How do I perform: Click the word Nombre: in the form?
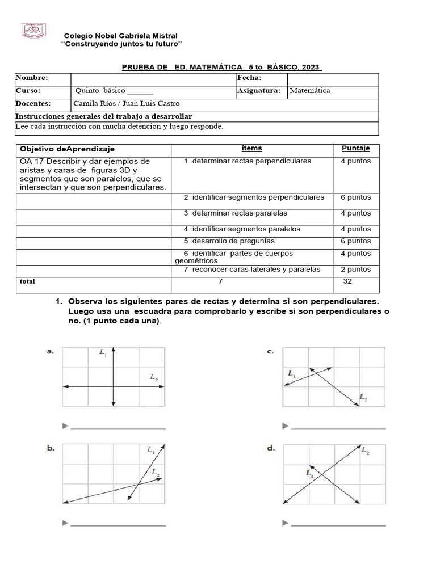click(32, 78)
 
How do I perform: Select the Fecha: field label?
click(253, 78)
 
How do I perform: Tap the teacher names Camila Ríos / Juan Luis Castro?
click(127, 103)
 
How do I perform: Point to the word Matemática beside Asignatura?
click(310, 91)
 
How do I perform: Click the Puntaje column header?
click(355, 149)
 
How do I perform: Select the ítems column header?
click(251, 149)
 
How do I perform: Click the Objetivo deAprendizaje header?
click(67, 149)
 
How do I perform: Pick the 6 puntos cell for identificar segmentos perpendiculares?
click(355, 197)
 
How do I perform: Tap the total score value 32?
click(347, 281)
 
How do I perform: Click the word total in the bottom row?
click(27, 281)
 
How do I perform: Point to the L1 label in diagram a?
click(103, 353)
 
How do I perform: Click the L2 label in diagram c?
click(363, 398)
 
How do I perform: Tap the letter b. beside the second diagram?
click(51, 448)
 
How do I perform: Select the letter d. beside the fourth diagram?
click(271, 448)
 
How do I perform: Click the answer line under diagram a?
click(118, 427)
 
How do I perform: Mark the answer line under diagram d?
click(338, 524)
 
